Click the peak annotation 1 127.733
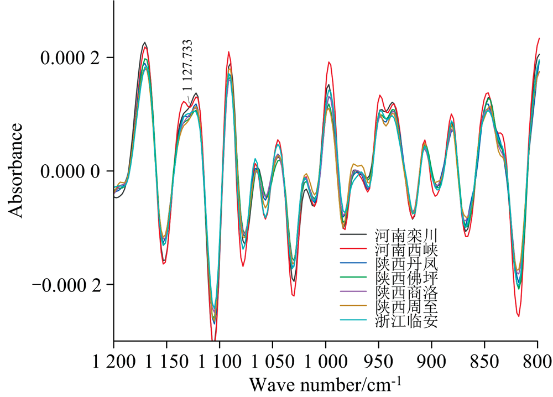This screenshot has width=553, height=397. click(187, 65)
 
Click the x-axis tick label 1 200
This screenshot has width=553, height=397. click(113, 362)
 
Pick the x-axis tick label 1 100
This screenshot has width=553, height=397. click(220, 362)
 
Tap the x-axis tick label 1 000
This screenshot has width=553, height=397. click(326, 362)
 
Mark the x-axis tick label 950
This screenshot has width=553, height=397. click(379, 362)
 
